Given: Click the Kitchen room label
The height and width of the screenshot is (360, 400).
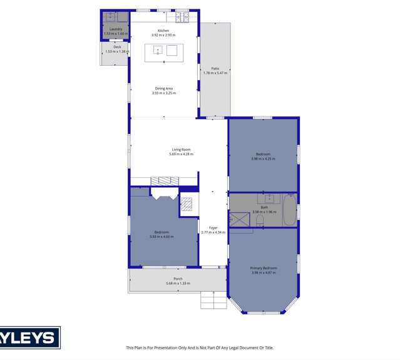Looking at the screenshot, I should [x=163, y=31].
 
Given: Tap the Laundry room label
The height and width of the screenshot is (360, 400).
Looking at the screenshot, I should [x=115, y=29].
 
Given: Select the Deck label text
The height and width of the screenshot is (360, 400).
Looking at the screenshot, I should [x=117, y=47].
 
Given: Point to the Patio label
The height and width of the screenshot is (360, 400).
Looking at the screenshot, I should [x=215, y=69].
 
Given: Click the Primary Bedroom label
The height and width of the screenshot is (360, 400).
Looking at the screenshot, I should [x=264, y=268].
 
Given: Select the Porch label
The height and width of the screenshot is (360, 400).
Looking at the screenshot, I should [x=178, y=279].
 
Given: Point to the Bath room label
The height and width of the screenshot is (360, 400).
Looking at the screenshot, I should [x=264, y=207].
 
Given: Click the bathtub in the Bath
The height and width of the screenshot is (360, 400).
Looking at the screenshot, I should [x=289, y=210].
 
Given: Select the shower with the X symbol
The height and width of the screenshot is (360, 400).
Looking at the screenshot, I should [x=237, y=219].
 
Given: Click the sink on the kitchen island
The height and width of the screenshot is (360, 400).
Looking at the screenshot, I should [x=158, y=50].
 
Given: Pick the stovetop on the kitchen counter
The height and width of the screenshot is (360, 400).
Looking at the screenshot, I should [x=182, y=17].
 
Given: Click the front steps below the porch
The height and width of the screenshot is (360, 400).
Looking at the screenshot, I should [x=213, y=301].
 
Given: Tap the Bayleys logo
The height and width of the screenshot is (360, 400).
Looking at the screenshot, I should [x=30, y=338].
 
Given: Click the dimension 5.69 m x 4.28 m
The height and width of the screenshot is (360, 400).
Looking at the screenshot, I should [x=181, y=154].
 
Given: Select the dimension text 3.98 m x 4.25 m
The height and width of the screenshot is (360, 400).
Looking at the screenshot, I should [x=264, y=158].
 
